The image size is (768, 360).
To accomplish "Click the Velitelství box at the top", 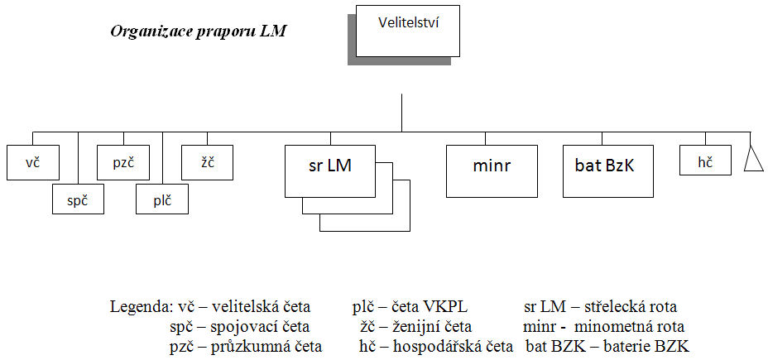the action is [x=407, y=31].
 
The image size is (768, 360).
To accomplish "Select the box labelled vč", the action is [x=33, y=162].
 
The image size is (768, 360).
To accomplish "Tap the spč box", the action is [x=79, y=199].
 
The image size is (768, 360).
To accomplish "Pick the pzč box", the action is [x=123, y=162].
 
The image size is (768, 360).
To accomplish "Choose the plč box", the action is [x=161, y=199].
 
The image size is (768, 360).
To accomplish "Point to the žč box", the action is [x=207, y=162].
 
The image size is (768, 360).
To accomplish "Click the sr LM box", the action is [x=330, y=171].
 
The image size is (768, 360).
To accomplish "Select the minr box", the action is [x=492, y=171].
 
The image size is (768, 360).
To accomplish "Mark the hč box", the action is [x=705, y=160].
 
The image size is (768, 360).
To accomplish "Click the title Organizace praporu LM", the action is [x=198, y=32].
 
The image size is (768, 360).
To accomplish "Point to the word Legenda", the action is [x=137, y=308].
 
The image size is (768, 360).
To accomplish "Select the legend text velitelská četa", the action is [x=261, y=308].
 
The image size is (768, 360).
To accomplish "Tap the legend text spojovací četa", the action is [x=260, y=327].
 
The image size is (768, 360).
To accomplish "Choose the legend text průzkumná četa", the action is [x=266, y=346].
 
